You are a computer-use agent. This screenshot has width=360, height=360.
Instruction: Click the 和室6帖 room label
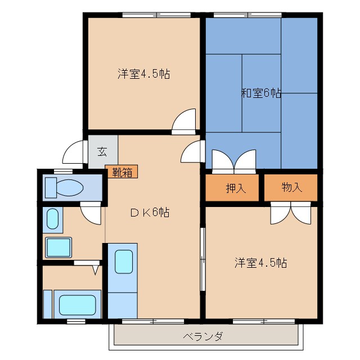coord(261,93)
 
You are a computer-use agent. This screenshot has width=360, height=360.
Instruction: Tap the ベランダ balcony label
coord(203,337)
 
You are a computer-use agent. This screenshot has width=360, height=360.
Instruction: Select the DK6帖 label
coord(150,212)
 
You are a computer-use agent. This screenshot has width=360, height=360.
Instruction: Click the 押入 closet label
coord(236,188)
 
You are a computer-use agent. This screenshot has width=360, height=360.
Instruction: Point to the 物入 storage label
coord(291,188)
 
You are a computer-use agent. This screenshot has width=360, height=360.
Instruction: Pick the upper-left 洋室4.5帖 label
coord(144,74)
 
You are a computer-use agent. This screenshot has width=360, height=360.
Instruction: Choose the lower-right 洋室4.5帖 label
coord(260,263)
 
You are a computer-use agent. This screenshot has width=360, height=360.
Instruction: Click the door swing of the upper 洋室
coord(184,121)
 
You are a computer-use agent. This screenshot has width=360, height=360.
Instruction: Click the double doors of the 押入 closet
coord(233,160)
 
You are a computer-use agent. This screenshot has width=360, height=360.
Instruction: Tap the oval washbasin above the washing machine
coord(52,219)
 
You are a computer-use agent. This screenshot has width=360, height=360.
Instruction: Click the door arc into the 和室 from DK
coord(192,152)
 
